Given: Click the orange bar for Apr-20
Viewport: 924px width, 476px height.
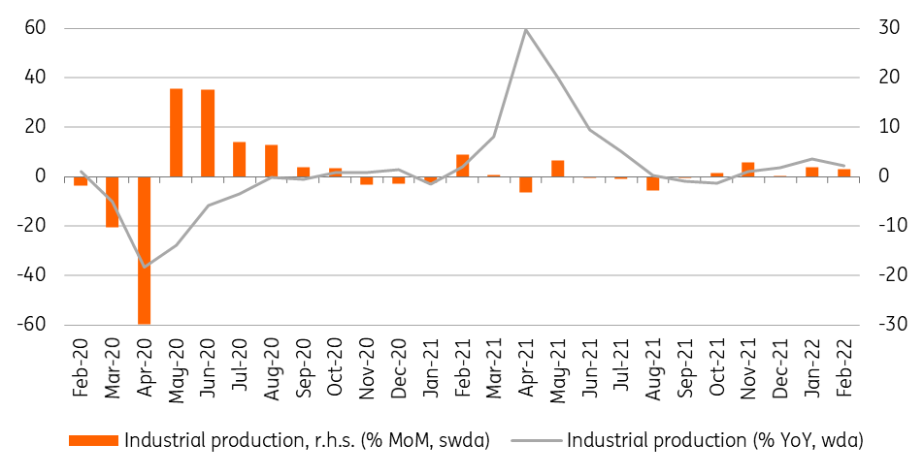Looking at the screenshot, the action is [145, 250].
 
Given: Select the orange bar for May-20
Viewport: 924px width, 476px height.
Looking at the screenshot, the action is [177, 133].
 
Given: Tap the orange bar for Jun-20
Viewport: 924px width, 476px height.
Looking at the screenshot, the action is [208, 133].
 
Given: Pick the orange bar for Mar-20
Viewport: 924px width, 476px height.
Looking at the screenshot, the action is [113, 202].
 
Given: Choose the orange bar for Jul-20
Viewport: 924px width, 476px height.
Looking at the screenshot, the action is [239, 159].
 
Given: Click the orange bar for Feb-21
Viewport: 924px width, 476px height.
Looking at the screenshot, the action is [463, 166].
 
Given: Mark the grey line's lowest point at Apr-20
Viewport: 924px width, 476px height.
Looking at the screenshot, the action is [145, 268].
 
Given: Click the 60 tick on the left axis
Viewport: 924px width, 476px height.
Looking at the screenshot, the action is [35, 29].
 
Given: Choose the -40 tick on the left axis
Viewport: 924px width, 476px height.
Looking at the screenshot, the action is [31, 275].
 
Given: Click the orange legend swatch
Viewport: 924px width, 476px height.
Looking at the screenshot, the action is [94, 441].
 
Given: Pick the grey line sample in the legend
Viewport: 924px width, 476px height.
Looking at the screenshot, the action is [536, 441].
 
